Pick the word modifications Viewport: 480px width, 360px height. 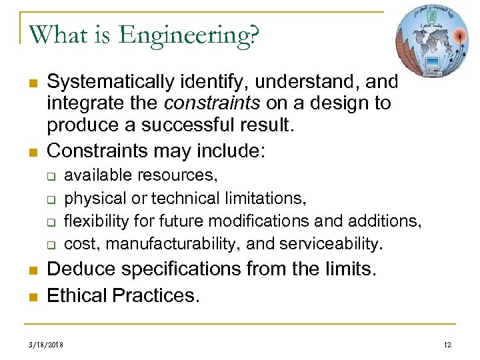point(257,221)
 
